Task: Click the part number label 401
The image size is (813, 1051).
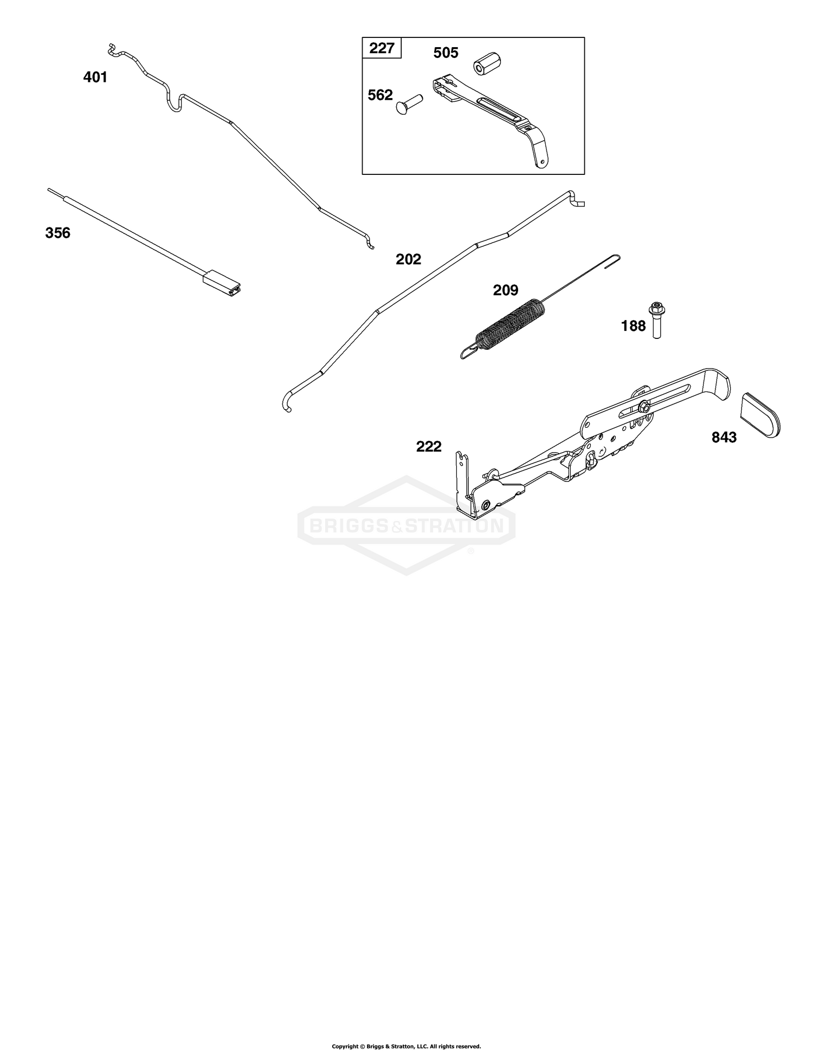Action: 95,77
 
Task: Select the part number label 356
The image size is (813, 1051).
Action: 57,233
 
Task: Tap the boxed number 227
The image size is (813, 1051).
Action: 382,48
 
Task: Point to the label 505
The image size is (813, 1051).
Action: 446,53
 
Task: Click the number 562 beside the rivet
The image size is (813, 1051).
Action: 380,95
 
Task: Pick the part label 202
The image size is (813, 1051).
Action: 408,259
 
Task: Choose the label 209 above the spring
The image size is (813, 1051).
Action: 505,290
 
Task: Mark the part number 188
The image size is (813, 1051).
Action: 633,326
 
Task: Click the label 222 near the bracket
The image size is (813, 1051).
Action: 429,447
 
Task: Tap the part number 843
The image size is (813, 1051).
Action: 724,437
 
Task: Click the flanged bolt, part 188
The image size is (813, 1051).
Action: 656,320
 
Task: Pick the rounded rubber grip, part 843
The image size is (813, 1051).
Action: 760,414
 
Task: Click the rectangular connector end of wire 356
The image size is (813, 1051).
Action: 223,283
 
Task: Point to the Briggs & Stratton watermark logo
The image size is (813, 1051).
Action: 406,525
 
